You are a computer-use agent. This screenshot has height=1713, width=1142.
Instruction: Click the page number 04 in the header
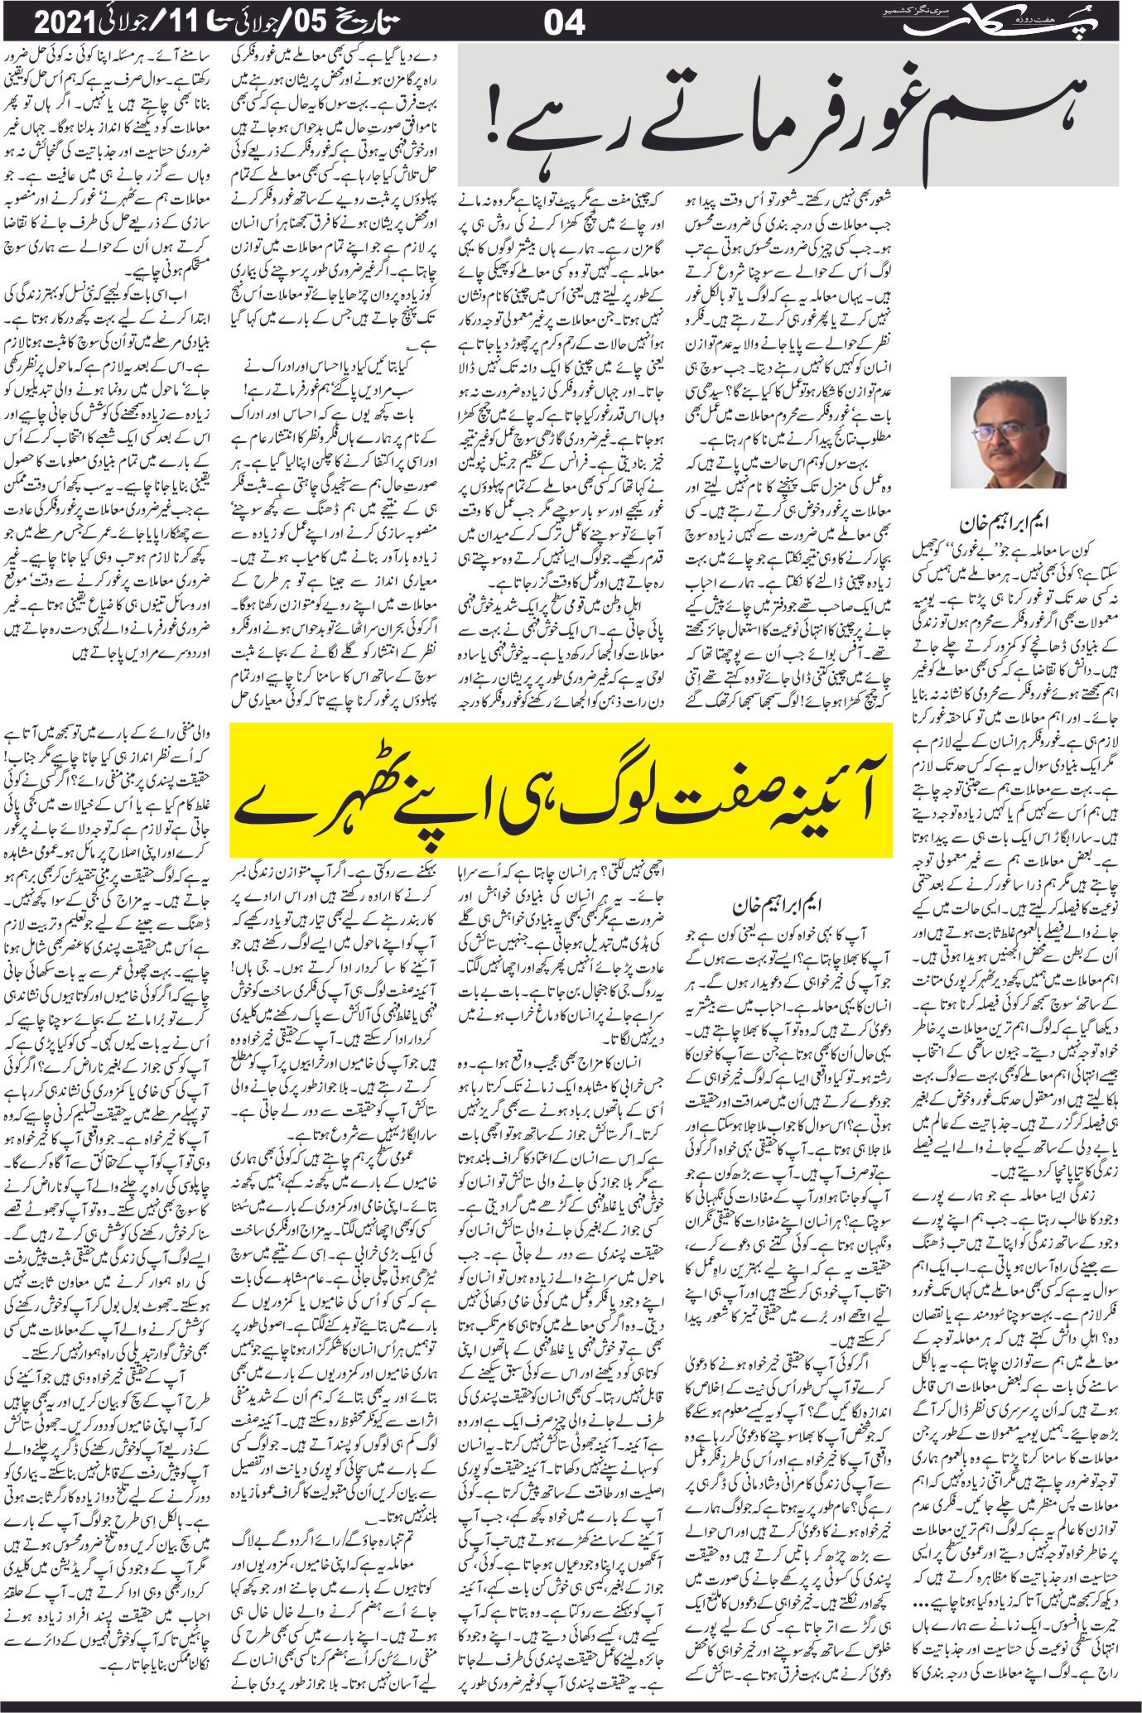pos(564,22)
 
